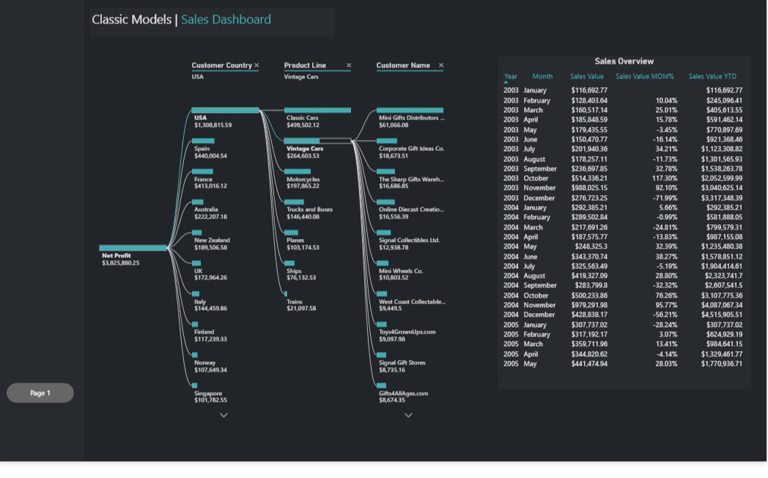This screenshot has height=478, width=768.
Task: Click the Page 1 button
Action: coord(40,393)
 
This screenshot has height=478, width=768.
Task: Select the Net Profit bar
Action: coord(133,248)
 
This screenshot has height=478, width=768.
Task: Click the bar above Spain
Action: coord(203,141)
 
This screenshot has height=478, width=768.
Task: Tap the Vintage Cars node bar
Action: coord(302,141)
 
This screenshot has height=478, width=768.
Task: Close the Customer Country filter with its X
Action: coord(256,65)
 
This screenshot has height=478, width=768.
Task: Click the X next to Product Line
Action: coord(349,65)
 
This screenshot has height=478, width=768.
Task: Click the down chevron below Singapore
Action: coord(224,415)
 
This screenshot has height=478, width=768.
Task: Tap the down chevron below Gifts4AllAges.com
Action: coord(408,415)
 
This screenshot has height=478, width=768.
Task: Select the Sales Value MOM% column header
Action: coord(645,76)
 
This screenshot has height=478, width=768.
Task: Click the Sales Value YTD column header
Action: coord(712,76)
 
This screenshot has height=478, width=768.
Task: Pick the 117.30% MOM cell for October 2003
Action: coord(665,178)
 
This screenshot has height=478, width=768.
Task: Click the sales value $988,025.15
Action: coord(589,188)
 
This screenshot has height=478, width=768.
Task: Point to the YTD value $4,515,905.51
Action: coord(722,315)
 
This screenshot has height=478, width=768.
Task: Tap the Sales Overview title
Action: coord(624,62)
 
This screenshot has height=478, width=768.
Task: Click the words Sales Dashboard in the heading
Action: coord(226,20)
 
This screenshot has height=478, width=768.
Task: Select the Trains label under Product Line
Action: coord(295,302)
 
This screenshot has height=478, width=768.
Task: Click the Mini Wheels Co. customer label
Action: coord(401,271)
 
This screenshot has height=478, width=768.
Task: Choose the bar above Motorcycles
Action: coord(298,172)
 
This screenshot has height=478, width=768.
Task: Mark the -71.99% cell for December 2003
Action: coord(665,198)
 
